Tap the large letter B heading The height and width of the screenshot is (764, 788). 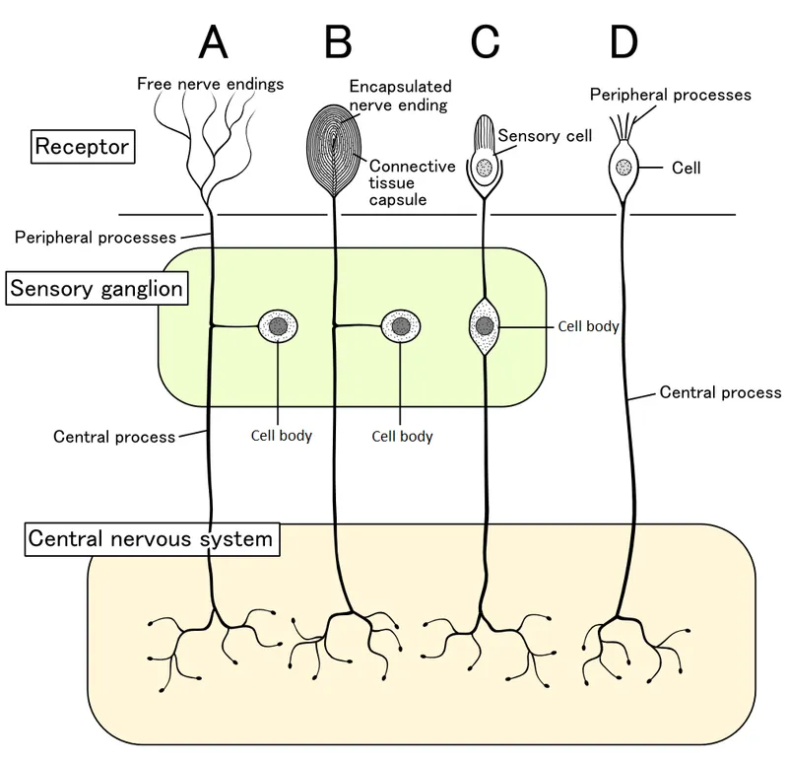(338, 42)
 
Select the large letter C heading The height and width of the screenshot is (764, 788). (486, 42)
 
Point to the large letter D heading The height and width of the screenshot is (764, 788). (624, 42)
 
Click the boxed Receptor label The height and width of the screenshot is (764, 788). (83, 149)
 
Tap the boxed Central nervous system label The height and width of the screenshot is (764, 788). (150, 540)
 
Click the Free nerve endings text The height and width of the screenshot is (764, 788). (210, 84)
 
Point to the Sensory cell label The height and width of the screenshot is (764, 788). (545, 135)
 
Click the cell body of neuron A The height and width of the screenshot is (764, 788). (278, 326)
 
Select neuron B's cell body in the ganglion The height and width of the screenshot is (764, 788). (400, 326)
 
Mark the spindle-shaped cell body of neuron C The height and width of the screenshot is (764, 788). (485, 326)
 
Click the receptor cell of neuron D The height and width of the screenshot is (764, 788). (623, 169)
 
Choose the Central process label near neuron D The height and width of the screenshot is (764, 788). (720, 392)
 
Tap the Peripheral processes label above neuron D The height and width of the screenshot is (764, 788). (670, 95)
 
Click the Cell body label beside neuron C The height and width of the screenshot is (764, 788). (588, 326)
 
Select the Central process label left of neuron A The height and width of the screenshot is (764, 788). (113, 436)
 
